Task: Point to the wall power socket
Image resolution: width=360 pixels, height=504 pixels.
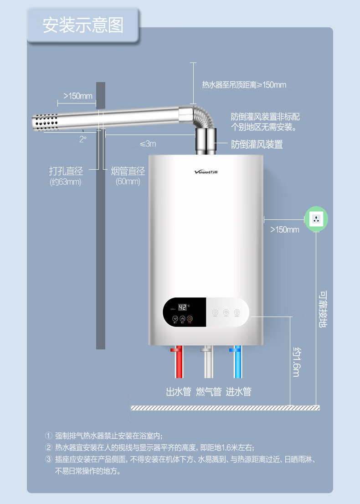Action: [316, 219]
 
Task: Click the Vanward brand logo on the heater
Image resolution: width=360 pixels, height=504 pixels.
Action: [206, 172]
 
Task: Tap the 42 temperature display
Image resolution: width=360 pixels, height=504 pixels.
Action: [183, 307]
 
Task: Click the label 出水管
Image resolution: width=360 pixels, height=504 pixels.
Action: [178, 391]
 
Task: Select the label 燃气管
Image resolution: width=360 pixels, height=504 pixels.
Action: [208, 391]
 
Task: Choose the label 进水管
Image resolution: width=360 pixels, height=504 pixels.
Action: [238, 391]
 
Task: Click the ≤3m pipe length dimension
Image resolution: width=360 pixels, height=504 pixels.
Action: [148, 144]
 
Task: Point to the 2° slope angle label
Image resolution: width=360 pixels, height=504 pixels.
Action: [82, 139]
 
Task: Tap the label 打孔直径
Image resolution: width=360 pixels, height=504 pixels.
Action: [66, 171]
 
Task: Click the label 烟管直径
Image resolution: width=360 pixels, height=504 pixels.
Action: [128, 171]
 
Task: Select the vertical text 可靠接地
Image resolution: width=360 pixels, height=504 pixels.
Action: [323, 309]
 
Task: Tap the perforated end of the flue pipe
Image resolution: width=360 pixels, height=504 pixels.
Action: [44, 122]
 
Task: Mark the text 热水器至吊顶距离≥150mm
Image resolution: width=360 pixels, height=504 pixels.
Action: [244, 85]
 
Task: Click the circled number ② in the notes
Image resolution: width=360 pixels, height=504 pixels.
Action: [49, 447]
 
